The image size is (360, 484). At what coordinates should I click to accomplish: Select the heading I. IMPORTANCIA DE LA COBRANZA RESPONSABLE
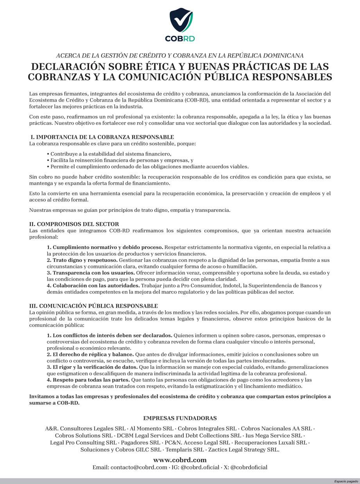[102, 137]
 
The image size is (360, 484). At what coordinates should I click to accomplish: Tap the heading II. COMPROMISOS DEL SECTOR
[74, 224]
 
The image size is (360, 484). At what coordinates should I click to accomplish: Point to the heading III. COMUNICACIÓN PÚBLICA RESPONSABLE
[94, 306]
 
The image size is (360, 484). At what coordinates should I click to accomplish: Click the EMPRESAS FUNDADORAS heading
[180, 418]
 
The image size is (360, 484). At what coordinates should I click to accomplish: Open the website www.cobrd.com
[180, 460]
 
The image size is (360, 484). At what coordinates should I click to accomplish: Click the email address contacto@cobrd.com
[139, 467]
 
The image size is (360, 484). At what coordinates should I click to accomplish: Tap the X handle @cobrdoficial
[249, 467]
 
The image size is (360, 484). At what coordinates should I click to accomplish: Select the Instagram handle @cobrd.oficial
[200, 467]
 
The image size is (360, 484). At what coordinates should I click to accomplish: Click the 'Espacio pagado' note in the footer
[346, 481]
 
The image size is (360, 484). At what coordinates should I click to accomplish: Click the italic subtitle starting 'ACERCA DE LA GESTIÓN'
[180, 56]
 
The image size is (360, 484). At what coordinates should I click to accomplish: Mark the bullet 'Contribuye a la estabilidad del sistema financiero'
[111, 154]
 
